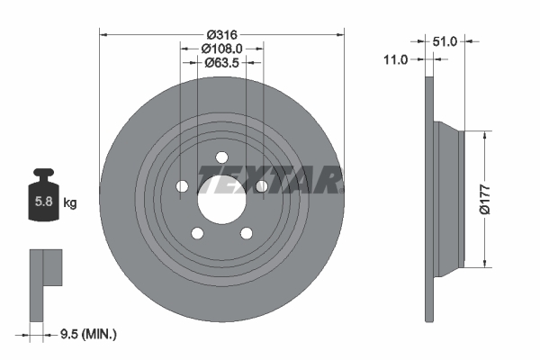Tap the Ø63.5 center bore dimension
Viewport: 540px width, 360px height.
[220, 63]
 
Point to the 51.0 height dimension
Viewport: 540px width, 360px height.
[445, 40]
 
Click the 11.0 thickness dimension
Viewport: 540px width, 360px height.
[395, 59]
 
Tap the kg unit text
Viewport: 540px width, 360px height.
[69, 203]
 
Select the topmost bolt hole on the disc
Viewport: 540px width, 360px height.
[220, 158]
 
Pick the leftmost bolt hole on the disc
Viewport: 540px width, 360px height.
[182, 186]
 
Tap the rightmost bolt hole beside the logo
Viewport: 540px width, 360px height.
[260, 186]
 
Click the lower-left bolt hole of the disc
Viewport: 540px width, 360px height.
[196, 232]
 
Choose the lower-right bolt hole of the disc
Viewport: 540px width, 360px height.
[245, 232]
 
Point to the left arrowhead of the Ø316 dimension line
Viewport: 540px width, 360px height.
[103, 34]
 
